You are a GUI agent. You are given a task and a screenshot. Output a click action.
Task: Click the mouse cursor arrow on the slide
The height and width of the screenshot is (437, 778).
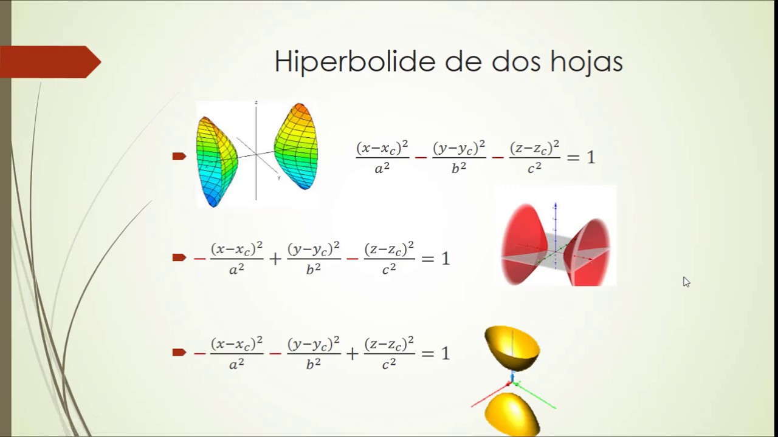pyautogui.click(x=686, y=281)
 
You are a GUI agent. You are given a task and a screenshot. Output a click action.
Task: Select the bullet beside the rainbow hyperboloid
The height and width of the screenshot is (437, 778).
pyautogui.click(x=179, y=157)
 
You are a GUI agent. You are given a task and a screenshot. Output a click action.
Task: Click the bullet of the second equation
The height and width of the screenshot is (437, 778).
pyautogui.click(x=179, y=258)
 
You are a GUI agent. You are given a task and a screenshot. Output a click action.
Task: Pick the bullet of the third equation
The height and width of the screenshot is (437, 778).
pyautogui.click(x=179, y=352)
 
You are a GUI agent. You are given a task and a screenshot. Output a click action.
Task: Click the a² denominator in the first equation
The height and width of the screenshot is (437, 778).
pyautogui.click(x=382, y=169)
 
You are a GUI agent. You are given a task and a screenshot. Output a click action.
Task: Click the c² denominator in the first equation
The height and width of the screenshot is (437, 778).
pyautogui.click(x=534, y=169)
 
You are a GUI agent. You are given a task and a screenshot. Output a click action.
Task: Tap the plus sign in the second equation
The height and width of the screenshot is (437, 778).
pyautogui.click(x=275, y=259)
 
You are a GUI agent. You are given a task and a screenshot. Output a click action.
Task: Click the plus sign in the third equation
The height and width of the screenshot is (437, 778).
pyautogui.click(x=352, y=353)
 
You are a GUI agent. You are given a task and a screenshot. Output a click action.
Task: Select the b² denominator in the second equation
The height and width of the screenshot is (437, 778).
pyautogui.click(x=313, y=269)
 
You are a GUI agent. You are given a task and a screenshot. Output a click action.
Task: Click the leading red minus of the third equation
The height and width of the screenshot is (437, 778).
pyautogui.click(x=199, y=353)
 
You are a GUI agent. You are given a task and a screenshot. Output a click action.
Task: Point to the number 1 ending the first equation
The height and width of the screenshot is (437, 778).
pyautogui.click(x=590, y=158)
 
